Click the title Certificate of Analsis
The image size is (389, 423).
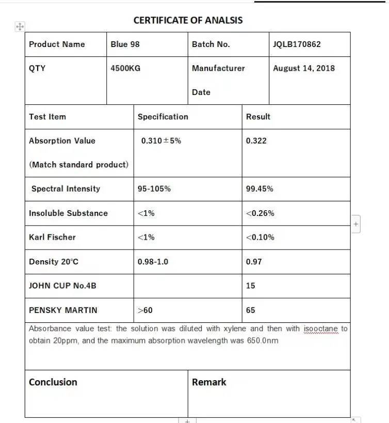[x=188, y=21]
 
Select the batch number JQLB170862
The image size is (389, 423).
[x=297, y=44]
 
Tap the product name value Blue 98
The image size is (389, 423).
[x=125, y=44]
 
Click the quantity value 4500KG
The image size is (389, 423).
[x=125, y=68]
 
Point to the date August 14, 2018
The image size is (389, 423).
[x=303, y=68]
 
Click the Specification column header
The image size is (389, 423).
[x=163, y=117]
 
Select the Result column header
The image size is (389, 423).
[x=258, y=117]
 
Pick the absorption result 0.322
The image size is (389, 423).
[x=256, y=140]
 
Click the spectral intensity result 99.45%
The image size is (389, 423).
[x=260, y=189]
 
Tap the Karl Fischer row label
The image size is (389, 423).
[x=52, y=238]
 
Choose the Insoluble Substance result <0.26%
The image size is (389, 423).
[x=260, y=213]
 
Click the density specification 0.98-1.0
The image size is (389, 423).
[x=153, y=262]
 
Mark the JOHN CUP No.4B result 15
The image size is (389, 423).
[x=250, y=286]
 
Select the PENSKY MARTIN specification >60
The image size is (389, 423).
[x=145, y=310]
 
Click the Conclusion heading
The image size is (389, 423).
[x=53, y=382]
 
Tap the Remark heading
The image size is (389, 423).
[x=209, y=382]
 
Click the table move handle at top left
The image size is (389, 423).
[x=20, y=26]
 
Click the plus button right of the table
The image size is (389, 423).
[x=356, y=224]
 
